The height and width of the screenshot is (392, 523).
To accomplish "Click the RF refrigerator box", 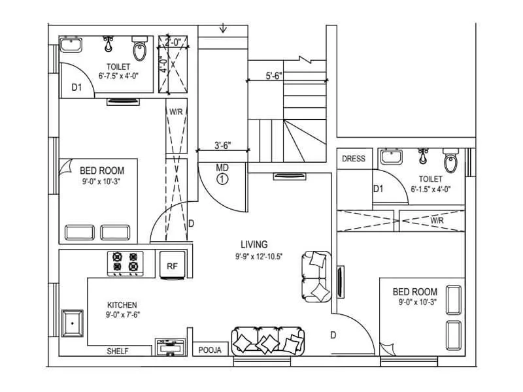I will tap(172, 266).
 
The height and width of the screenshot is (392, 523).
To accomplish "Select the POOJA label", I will tap(211, 351).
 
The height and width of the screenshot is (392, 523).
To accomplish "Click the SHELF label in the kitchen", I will tap(118, 351).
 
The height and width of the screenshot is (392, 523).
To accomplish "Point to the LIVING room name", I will tap(254, 244).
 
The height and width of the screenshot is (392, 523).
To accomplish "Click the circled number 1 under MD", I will tap(222, 178).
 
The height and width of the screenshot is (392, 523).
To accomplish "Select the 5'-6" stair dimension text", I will tap(274, 75).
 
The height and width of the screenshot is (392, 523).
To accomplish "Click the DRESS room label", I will tap(354, 159).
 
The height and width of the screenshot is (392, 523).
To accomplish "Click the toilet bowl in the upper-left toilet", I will tap(139, 50).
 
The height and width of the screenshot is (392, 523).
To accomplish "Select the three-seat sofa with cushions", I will tap(267, 340).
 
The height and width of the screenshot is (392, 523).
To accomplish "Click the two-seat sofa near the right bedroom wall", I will tap(316, 277).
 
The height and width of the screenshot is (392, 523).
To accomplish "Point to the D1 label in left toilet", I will tap(76, 87).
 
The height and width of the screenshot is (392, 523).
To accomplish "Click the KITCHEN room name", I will tap(122, 304).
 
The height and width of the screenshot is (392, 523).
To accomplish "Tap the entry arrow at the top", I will tap(224, 28).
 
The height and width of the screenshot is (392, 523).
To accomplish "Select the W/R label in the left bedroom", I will tap(176, 112).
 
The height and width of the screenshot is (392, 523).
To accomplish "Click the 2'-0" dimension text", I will tap(173, 42).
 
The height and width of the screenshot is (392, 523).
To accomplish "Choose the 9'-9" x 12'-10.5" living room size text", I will tap(260, 257).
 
